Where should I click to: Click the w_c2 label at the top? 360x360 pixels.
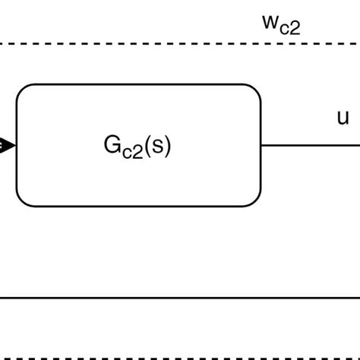281,24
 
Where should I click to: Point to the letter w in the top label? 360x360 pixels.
270,22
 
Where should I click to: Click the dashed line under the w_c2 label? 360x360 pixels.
180,44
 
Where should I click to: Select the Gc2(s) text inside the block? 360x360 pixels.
137,146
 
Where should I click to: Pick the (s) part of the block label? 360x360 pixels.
157,145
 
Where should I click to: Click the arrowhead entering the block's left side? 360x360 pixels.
7,145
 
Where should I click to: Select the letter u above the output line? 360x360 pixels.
343,117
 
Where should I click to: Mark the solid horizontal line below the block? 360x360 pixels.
180,298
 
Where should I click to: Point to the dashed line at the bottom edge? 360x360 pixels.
180,358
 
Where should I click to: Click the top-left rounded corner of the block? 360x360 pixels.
21,89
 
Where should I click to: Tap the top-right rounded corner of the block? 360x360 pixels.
256,89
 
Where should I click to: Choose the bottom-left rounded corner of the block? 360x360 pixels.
21,201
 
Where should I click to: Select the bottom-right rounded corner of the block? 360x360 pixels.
256,201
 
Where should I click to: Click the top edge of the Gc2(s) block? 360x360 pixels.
138,84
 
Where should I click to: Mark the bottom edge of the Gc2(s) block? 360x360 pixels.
138,206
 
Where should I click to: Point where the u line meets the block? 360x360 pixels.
261,145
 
